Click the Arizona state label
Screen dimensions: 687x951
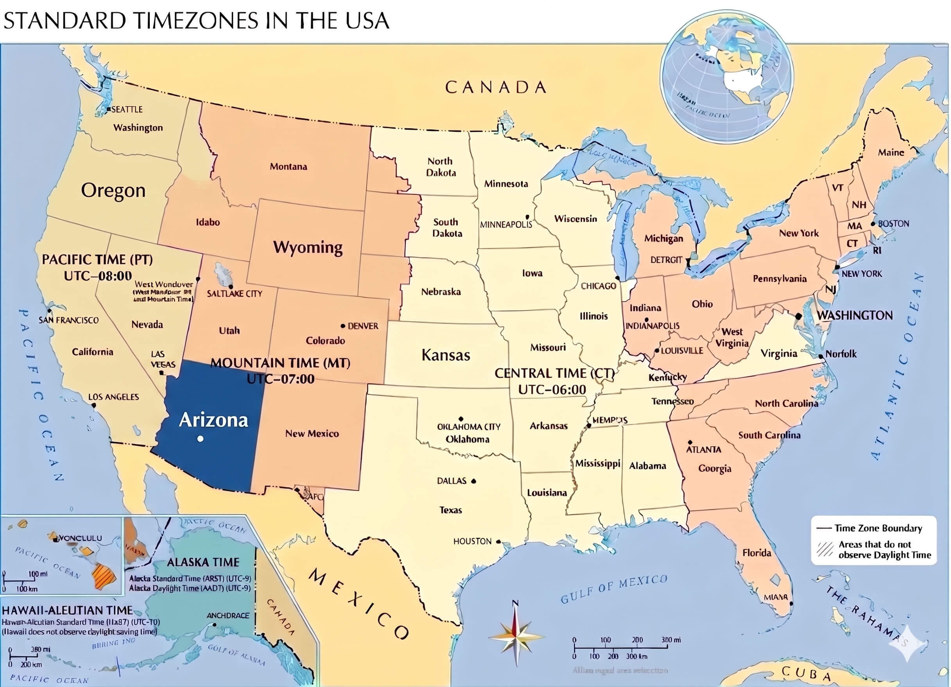coord(214,420)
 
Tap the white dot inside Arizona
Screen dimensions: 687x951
coord(201,439)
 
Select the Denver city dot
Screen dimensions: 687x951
coord(343,326)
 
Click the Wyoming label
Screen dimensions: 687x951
coord(308,247)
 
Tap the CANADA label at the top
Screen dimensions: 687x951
coord(495,88)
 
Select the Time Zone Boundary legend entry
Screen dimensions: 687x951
coord(877,528)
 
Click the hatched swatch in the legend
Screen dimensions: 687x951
coord(825,549)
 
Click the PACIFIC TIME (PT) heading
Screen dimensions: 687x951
coord(97,259)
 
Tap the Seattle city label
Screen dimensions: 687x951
coord(127,109)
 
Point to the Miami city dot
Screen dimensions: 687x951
coord(791,604)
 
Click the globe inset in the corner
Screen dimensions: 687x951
coord(727,76)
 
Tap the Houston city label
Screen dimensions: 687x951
coord(472,542)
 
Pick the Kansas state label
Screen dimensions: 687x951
coord(446,355)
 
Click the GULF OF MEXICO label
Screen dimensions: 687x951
coord(614,589)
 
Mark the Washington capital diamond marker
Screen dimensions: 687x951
coord(798,316)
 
